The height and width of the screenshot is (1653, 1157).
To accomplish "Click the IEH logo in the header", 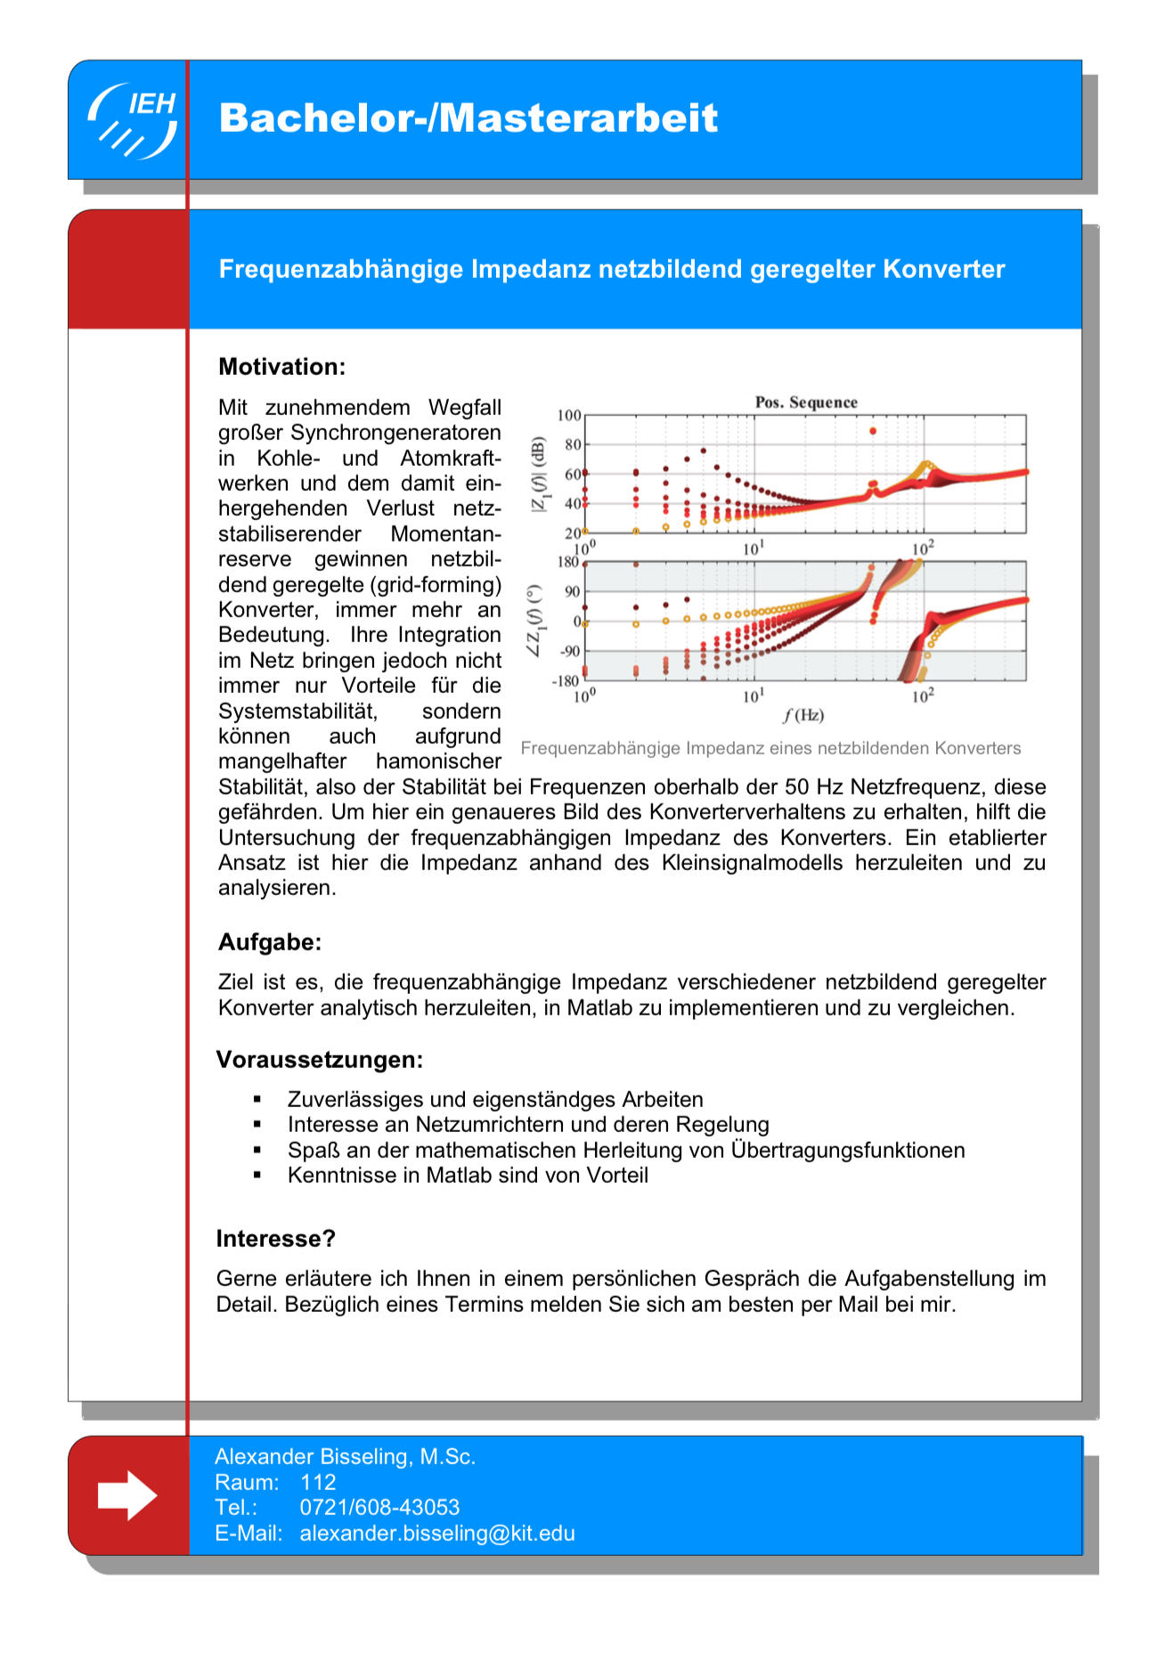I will (x=133, y=120).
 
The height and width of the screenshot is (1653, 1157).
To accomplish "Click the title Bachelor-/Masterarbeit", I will (x=468, y=118).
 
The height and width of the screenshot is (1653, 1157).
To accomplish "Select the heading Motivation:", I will (x=281, y=367).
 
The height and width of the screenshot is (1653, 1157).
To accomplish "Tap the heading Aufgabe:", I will (x=269, y=942).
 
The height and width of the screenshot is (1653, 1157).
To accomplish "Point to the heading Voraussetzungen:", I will (x=319, y=1060).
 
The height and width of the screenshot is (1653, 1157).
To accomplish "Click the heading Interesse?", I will (x=275, y=1239).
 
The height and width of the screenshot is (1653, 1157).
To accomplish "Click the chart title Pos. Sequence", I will (x=806, y=403).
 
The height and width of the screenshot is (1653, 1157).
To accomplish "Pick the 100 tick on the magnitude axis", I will (x=569, y=416).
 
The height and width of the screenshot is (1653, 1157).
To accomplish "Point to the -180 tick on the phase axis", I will (x=566, y=681).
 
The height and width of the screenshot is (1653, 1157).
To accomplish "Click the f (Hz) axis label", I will (x=803, y=715).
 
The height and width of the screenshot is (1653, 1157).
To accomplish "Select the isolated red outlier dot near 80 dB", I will (x=873, y=431).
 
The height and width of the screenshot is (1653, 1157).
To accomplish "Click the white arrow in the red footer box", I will (x=127, y=1495).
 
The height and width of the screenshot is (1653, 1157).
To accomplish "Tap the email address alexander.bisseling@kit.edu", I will (x=437, y=1534).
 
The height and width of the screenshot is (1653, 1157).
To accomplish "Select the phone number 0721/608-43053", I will (x=379, y=1508).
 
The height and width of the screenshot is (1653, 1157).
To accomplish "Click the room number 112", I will (x=318, y=1482).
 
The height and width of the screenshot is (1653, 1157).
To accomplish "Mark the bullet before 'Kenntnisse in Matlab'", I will (x=257, y=1176).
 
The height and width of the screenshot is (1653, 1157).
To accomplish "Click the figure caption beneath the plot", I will (x=770, y=748).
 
